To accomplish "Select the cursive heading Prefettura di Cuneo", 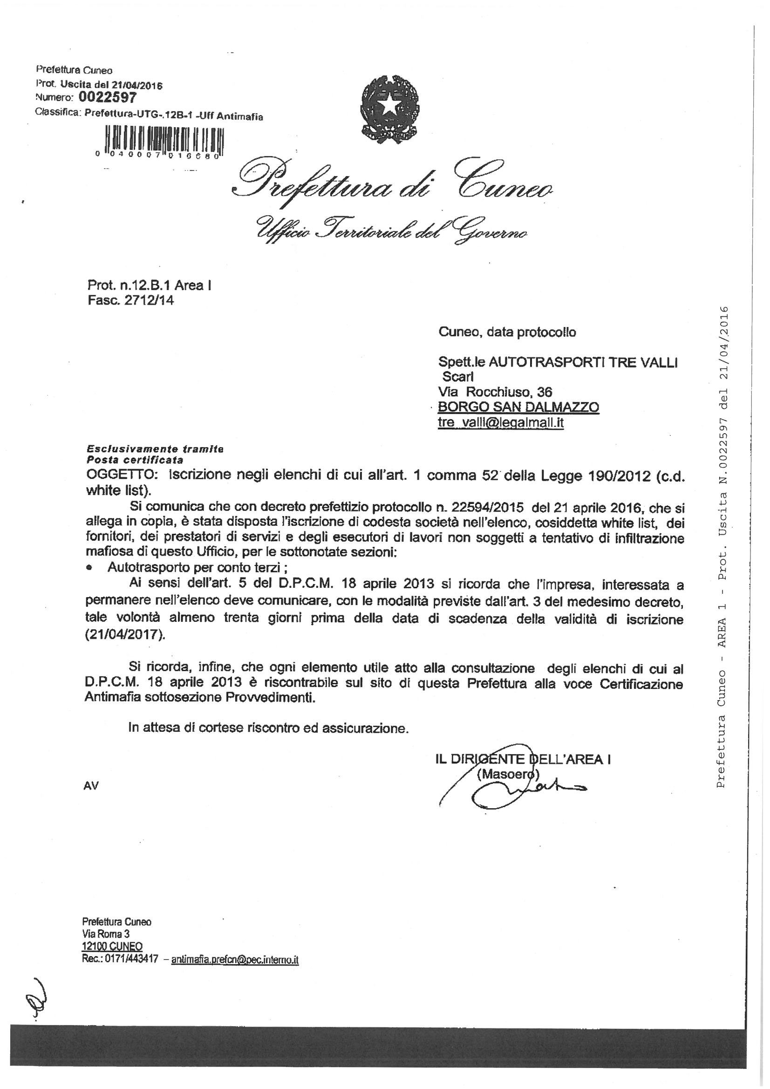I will click(394, 186).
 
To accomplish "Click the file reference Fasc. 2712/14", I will click(130, 300).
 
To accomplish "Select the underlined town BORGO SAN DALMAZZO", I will click(518, 407).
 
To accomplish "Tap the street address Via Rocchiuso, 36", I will click(495, 391).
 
